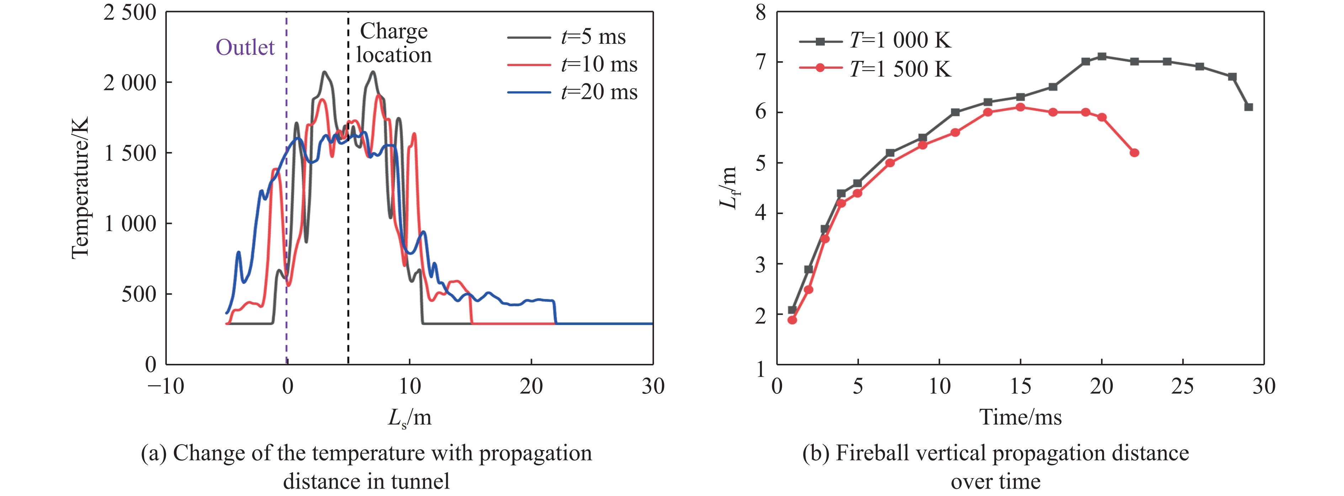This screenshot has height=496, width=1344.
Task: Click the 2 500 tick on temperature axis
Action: [130, 12]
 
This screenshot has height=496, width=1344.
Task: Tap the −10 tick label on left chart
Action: [166, 387]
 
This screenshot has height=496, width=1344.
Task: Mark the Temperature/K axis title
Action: [81, 187]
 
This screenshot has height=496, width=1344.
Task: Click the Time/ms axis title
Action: [1020, 417]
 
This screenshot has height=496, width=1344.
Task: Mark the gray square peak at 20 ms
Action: [1102, 56]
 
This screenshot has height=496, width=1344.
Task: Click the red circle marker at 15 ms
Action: [1020, 107]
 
